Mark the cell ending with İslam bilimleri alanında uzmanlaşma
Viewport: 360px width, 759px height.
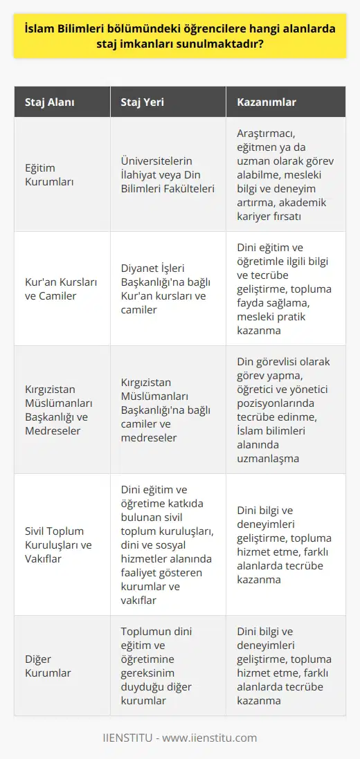pyautogui.click(x=285, y=410)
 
